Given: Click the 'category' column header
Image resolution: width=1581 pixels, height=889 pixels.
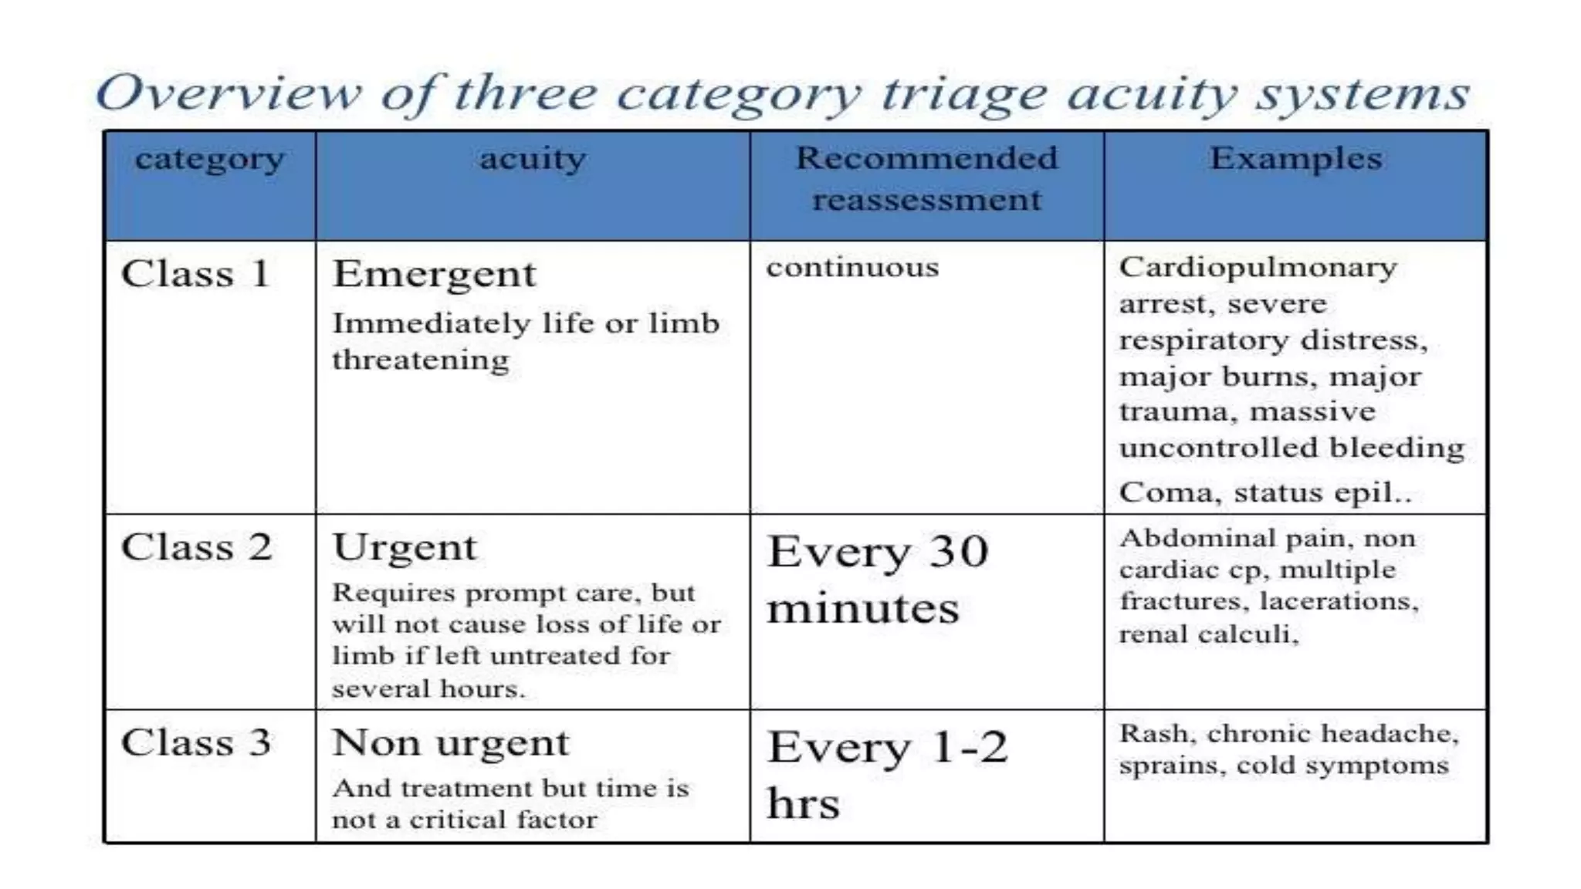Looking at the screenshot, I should (x=209, y=161).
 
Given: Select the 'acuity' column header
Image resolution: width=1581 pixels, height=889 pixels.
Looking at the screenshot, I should (x=532, y=159).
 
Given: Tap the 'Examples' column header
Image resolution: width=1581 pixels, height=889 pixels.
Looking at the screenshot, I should (x=1295, y=158).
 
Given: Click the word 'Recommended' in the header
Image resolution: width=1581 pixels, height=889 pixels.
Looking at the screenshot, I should (x=926, y=158).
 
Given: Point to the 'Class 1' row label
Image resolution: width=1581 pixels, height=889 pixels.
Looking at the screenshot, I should (x=195, y=274).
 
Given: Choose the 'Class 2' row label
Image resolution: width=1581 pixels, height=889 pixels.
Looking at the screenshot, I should (x=196, y=547).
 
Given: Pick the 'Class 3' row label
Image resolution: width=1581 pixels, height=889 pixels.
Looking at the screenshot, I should (x=195, y=742).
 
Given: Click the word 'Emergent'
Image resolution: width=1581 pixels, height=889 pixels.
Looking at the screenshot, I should (x=434, y=275).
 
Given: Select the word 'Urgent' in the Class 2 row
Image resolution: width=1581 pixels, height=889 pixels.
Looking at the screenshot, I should (x=405, y=548).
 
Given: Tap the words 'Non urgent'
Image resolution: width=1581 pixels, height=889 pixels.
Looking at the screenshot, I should (x=451, y=743).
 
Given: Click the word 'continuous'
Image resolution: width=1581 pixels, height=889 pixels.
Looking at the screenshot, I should (x=852, y=268).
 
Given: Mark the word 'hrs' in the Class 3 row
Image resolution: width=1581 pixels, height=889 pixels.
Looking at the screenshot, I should (x=803, y=803).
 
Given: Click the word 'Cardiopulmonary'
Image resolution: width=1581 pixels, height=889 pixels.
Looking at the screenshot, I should (x=1258, y=268).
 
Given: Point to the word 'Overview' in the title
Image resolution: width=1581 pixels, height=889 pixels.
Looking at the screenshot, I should (x=229, y=93).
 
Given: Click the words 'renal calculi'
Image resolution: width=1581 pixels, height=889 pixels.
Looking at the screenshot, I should (x=1208, y=634).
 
